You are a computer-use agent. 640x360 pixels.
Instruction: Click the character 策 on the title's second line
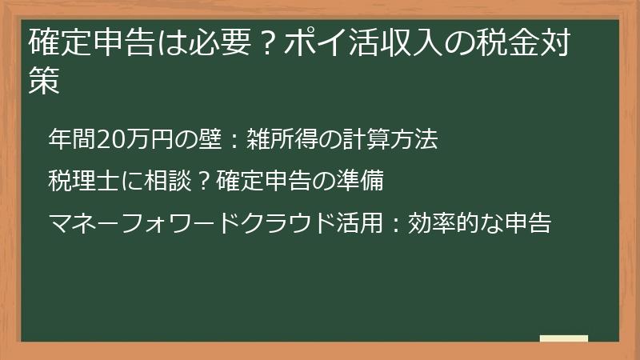click(x=44, y=82)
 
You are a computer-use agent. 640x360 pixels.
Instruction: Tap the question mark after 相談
click(x=203, y=182)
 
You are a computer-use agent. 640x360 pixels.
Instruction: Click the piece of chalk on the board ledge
click(x=563, y=339)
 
